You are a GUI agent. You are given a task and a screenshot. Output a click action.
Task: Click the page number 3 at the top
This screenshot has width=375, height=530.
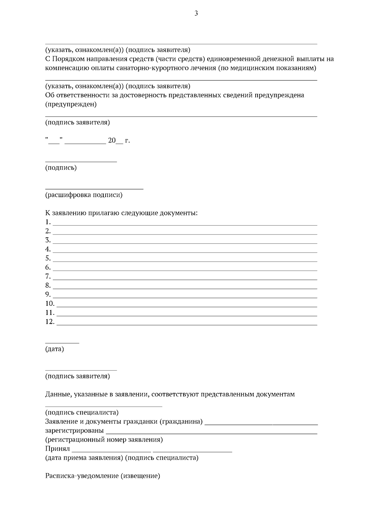pyautogui.click(x=196, y=13)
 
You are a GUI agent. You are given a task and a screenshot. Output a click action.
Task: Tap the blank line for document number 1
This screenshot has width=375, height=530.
pyautogui.click(x=185, y=224)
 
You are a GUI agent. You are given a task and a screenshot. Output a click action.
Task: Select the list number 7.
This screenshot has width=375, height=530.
pyautogui.click(x=48, y=276)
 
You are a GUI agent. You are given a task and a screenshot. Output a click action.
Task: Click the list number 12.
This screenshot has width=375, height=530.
pyautogui.click(x=50, y=322)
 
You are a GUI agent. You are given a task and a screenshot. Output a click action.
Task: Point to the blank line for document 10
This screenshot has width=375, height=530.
pyautogui.click(x=187, y=306)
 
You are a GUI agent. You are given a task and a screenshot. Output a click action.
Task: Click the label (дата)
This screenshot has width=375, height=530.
pyautogui.click(x=54, y=349)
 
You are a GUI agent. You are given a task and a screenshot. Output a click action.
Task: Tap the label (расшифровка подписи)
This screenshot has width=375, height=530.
pyautogui.click(x=84, y=195)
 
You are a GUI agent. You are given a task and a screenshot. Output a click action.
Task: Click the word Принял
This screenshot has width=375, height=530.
pyautogui.click(x=57, y=449)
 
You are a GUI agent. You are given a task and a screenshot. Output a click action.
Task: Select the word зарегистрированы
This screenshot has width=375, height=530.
pyautogui.click(x=74, y=431)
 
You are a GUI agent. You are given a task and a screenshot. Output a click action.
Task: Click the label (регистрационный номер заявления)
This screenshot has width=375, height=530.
pyautogui.click(x=104, y=440)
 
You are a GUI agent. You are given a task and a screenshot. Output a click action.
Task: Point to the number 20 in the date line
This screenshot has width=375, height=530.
pyautogui.click(x=112, y=141)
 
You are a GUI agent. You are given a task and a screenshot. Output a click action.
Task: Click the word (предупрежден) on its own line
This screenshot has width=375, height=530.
pyautogui.click(x=71, y=104)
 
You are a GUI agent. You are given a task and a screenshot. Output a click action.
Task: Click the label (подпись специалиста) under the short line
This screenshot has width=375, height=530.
pyautogui.click(x=82, y=413)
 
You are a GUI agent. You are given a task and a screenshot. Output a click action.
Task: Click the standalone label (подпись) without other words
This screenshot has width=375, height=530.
pyautogui.click(x=61, y=168)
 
